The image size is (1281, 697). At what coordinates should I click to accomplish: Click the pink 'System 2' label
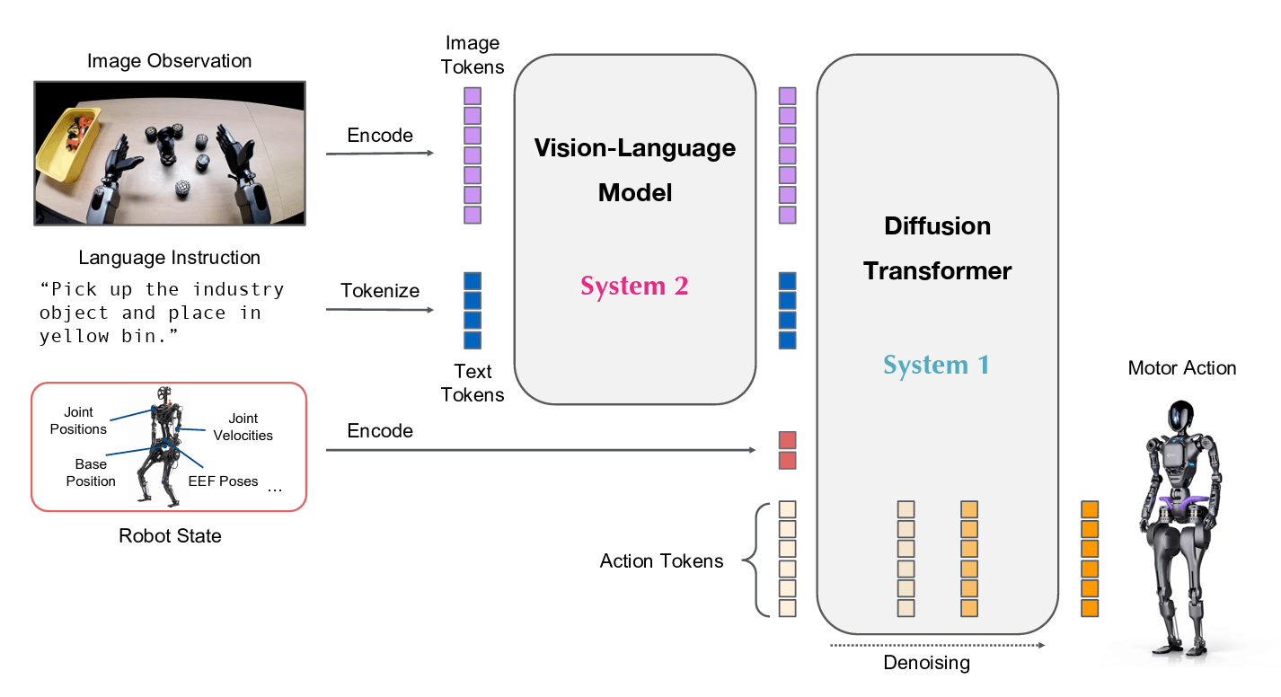[634, 287]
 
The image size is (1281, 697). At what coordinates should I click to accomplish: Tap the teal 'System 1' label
[936, 366]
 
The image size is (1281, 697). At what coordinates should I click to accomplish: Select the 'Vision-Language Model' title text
[634, 170]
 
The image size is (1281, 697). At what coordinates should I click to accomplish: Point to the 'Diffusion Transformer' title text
[937, 248]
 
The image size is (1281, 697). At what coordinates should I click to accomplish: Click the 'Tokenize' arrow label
[380, 291]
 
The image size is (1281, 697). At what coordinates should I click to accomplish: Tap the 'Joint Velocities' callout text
[243, 427]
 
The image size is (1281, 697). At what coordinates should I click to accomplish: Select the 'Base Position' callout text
[91, 472]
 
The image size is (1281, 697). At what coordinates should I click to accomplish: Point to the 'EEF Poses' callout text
[223, 481]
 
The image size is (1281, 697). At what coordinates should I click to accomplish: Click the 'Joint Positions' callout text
[78, 421]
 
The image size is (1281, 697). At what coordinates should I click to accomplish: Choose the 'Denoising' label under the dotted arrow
[927, 664]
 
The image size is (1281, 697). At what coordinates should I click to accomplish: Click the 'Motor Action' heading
[1181, 368]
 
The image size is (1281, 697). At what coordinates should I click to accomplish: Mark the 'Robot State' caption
[170, 536]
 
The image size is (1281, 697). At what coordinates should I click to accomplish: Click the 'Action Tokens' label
[661, 561]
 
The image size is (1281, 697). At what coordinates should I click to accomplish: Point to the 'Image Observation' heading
[169, 61]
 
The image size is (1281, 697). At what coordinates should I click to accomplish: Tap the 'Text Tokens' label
[473, 383]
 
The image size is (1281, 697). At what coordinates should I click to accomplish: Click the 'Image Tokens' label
[473, 55]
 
